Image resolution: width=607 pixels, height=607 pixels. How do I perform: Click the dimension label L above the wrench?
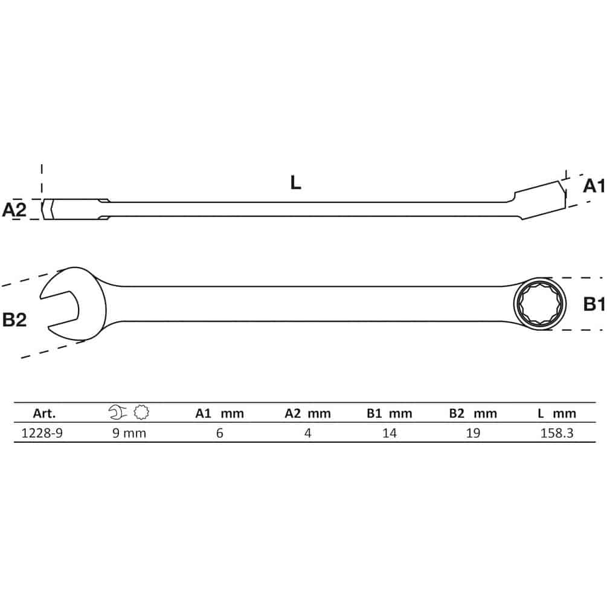[295, 182]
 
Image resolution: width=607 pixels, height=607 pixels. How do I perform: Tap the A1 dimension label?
[594, 186]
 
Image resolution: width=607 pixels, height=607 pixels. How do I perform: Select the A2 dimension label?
[14, 210]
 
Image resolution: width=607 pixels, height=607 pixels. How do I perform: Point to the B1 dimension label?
[594, 304]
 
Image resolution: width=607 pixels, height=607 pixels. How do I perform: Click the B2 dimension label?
[14, 320]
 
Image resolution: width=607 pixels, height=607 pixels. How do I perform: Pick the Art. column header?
[44, 414]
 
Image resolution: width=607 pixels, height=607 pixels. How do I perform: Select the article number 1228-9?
[42, 433]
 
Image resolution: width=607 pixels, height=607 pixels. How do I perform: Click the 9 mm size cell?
[129, 433]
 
